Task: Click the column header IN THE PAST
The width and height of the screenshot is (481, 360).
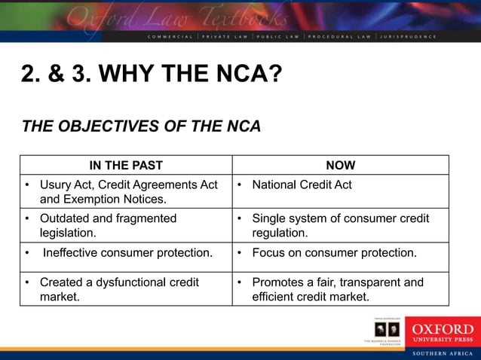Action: pos(125,165)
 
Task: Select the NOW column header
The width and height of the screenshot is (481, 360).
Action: pos(341,165)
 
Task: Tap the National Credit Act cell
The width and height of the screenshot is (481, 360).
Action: pos(302,185)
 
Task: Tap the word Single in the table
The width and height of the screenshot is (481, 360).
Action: pos(269,218)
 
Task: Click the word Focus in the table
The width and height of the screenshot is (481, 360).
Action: pos(268,253)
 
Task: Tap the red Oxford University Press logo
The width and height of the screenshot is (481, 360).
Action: pos(442,332)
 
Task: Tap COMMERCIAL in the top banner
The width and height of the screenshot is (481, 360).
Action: pos(173,36)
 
